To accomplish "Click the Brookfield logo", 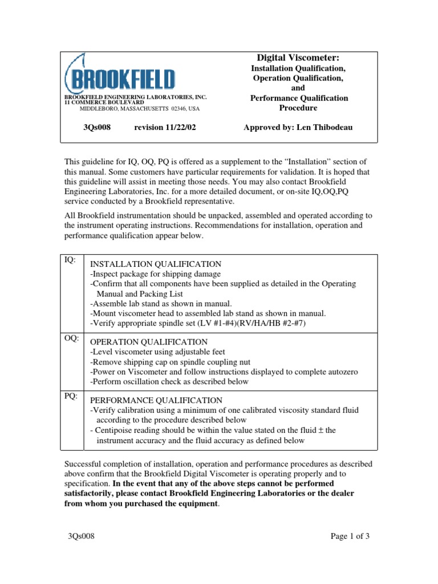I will point(120,75).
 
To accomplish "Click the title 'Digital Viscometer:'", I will point(299,57).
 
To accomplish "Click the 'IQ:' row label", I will point(69,260).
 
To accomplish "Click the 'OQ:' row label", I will point(71,338).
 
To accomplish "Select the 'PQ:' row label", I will point(70,396).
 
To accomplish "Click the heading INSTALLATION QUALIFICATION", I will point(156,265).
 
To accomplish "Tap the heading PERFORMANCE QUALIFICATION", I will point(156,400).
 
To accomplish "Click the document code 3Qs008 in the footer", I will point(79,536).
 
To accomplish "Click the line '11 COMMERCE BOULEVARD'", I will point(104,103).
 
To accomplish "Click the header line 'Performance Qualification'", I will point(299,98).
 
